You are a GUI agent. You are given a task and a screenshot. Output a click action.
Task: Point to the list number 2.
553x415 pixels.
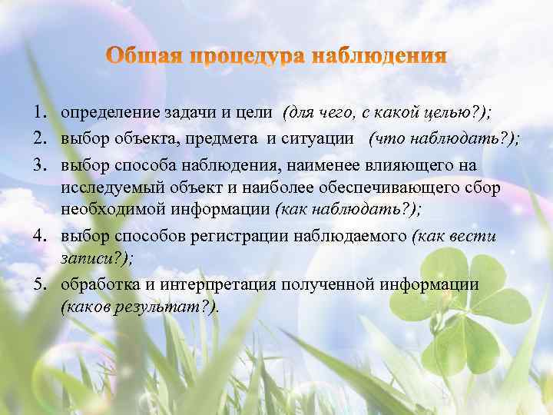pos(39,139)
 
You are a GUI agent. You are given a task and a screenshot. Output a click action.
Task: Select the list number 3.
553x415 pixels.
pos(39,166)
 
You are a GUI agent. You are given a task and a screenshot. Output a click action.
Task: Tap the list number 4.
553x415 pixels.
pos(39,236)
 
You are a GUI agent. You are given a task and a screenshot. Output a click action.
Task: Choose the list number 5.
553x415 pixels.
pos(39,285)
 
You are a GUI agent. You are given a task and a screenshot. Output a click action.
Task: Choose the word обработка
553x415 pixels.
pos(95,285)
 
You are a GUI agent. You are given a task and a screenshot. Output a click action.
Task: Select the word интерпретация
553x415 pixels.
pos(202,285)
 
